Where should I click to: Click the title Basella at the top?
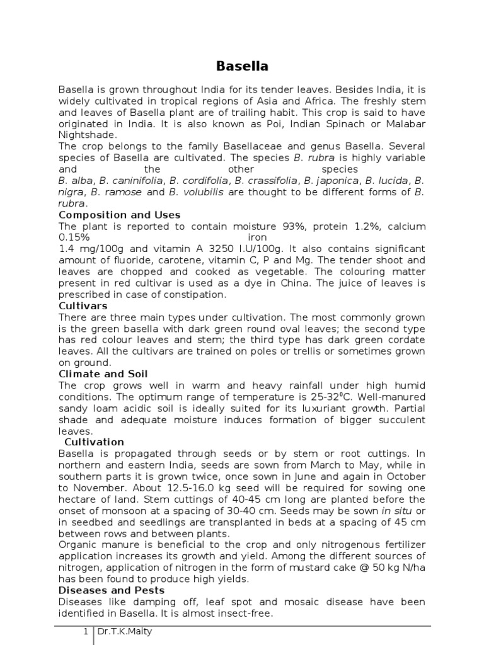242,66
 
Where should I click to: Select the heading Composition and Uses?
119,215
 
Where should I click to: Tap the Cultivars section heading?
83,305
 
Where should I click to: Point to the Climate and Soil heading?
103,374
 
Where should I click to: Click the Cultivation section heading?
94,442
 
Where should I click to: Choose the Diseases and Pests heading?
111,590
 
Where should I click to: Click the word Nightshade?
87,135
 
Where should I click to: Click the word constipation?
197,294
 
